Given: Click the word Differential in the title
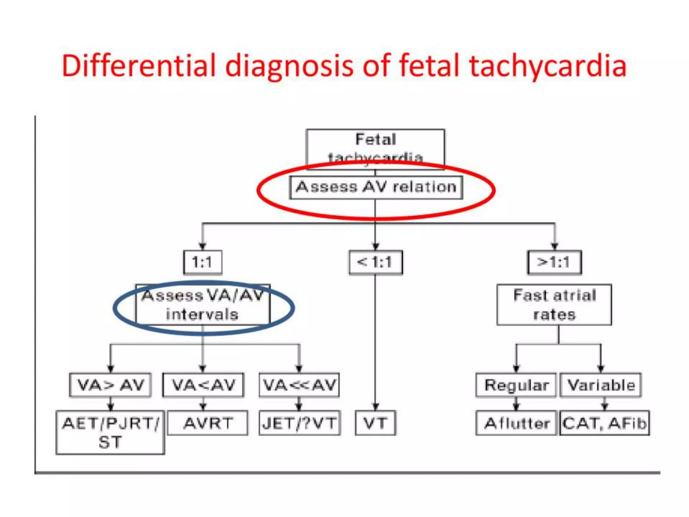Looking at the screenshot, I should point(138,66).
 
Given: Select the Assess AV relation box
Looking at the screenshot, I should point(376,187).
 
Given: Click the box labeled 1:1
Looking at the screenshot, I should point(203,262).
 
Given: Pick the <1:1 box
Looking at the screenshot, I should point(375,262).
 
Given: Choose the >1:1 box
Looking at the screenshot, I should point(554,262).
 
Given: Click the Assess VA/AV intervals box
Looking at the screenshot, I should point(203,305).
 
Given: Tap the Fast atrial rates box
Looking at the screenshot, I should point(554,305).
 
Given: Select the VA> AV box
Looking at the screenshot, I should point(110,385).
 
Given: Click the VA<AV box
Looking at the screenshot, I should point(203,385).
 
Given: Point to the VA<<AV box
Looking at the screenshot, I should point(299,385).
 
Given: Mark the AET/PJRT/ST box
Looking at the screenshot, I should point(110,432).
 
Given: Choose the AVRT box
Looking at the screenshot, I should point(208,423).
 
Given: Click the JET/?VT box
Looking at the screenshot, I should point(299,423).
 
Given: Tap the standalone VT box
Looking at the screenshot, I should point(375,423).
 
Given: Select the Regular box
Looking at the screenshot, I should point(516,385).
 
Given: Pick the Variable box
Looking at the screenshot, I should point(601,385).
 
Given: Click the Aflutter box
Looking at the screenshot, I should point(516,423).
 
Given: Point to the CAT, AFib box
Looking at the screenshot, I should point(605,423).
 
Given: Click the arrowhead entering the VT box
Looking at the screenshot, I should point(375,407).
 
